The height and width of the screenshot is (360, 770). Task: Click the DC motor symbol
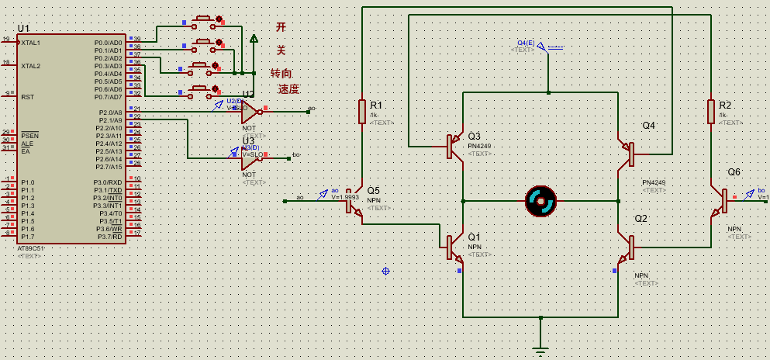540,201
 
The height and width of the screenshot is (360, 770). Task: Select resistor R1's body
361,112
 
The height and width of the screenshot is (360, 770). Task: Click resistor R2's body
710,112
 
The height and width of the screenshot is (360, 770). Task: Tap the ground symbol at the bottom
540,350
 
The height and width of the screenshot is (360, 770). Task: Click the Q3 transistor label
474,136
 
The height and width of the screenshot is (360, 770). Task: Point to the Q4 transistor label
648,125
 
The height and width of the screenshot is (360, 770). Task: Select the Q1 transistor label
474,236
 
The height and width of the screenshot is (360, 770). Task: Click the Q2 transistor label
641,218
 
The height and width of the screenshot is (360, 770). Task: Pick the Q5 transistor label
373,190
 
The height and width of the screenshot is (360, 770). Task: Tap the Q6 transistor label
734,171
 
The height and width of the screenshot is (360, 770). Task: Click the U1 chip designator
23,28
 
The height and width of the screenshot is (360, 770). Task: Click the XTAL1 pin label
31,43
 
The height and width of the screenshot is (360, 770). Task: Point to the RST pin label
27,97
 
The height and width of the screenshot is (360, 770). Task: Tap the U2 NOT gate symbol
250,112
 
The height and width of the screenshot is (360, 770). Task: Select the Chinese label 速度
288,89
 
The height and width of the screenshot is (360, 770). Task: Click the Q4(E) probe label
526,42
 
